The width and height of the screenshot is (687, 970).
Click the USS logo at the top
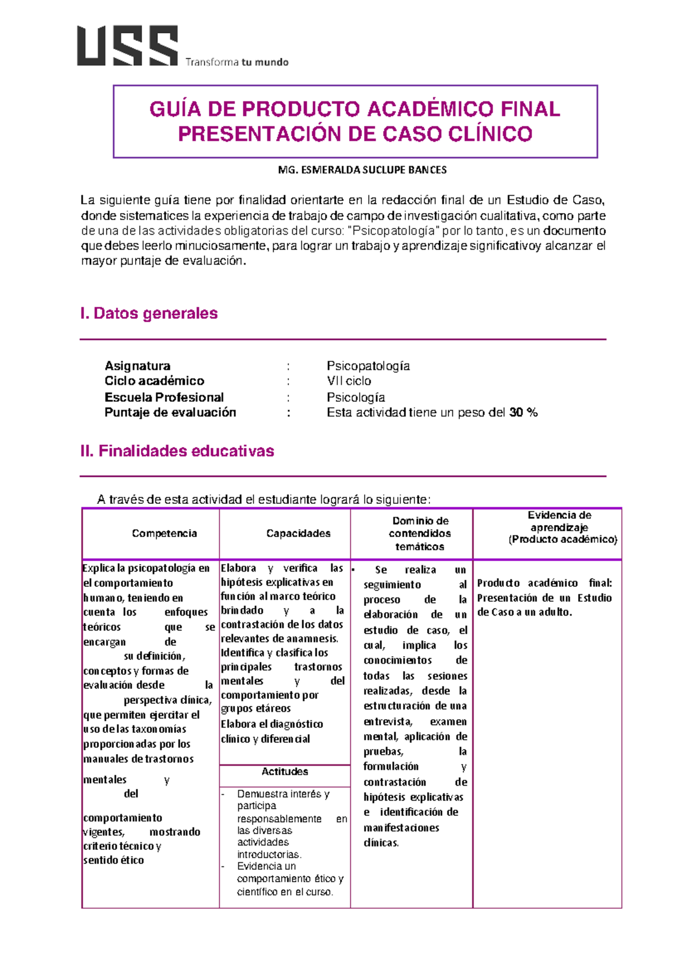pyautogui.click(x=127, y=46)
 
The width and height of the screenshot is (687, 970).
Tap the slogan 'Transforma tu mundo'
pyautogui.click(x=236, y=62)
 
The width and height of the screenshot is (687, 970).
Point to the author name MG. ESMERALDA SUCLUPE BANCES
pyautogui.click(x=362, y=170)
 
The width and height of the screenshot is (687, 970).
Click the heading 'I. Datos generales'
pyautogui.click(x=149, y=313)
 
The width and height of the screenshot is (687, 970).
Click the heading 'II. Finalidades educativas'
pyautogui.click(x=177, y=451)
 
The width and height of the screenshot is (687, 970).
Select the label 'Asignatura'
pyautogui.click(x=137, y=366)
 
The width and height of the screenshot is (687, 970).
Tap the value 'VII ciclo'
pyautogui.click(x=349, y=381)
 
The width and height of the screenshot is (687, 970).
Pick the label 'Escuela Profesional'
pyautogui.click(x=164, y=397)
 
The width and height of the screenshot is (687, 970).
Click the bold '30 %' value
pyautogui.click(x=523, y=413)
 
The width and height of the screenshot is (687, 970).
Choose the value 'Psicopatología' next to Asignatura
pyautogui.click(x=368, y=366)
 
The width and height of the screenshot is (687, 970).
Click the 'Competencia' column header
pyautogui.click(x=164, y=534)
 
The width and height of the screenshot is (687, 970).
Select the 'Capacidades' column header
pyautogui.click(x=298, y=534)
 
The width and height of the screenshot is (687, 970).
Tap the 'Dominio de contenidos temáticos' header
pyautogui.click(x=420, y=534)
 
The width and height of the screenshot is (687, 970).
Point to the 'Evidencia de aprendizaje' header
pyautogui.click(x=559, y=521)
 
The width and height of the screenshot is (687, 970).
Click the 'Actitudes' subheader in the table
pyautogui.click(x=285, y=772)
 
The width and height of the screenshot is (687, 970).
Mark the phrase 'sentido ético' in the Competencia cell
pyautogui.click(x=113, y=861)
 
